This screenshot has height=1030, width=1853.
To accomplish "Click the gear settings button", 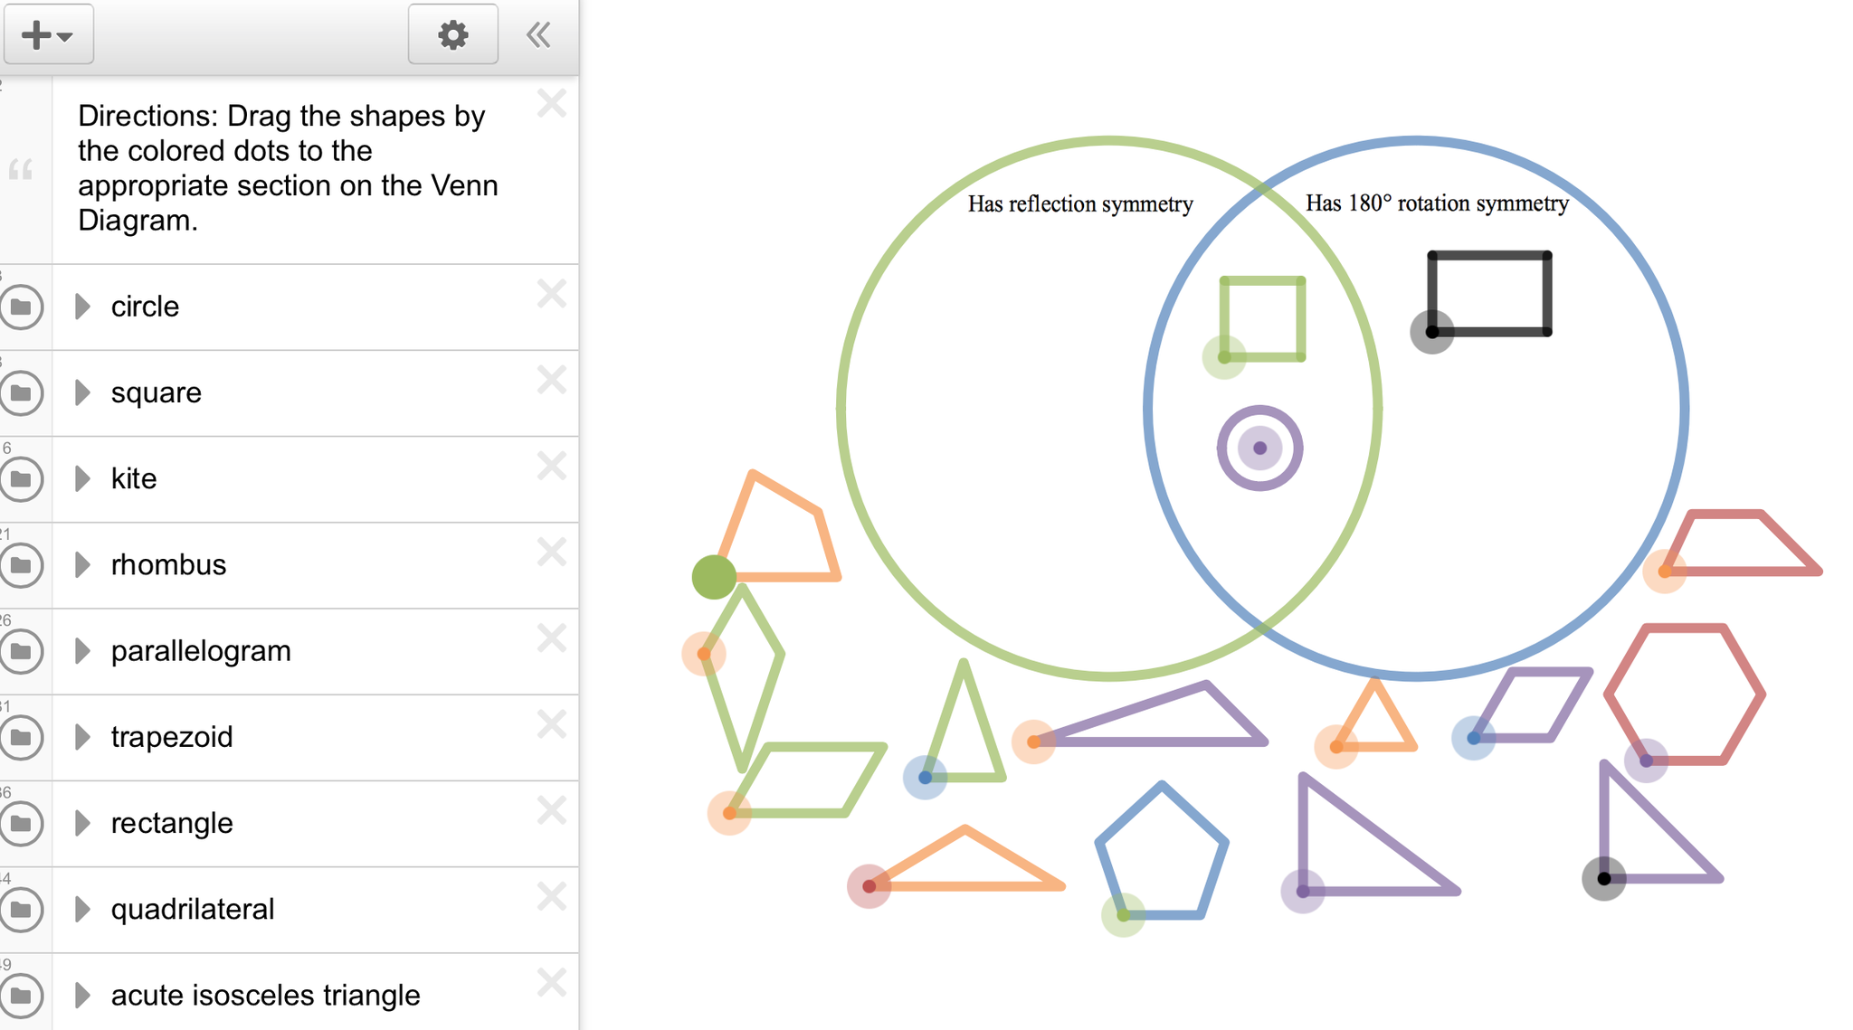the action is (452, 35).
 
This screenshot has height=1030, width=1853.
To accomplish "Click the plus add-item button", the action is (48, 35).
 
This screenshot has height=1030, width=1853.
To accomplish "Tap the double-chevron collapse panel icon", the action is (538, 35).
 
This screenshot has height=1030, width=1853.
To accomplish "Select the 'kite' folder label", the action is (134, 478).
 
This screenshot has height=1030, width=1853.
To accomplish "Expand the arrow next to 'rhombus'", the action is (82, 564).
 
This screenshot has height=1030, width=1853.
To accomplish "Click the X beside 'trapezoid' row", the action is (551, 724).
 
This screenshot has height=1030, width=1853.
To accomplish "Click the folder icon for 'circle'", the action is (22, 307).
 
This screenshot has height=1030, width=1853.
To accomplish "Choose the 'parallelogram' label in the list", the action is (201, 651).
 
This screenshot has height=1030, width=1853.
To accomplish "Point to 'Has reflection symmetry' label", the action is (1080, 204).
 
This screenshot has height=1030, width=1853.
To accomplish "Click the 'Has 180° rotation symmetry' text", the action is (1437, 203).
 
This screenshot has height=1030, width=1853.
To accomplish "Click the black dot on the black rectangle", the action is (1431, 332).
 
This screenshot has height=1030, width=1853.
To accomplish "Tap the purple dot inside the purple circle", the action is (1259, 448).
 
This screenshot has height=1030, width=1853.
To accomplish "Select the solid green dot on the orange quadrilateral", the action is (714, 577).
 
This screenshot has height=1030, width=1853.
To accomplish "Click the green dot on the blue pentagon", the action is (1123, 914).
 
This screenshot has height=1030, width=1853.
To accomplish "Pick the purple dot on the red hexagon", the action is (1646, 761).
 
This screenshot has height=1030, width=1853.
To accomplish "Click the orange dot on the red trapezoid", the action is (1664, 571).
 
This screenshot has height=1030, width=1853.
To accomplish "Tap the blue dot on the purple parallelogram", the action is (1473, 738).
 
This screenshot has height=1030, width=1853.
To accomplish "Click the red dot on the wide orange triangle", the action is (869, 886).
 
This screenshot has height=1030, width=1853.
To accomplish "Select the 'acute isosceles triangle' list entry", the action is (265, 995).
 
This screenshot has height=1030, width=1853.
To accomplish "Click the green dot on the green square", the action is (1224, 357).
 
